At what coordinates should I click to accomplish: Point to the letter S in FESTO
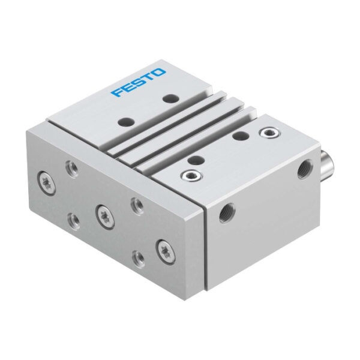point(139,82)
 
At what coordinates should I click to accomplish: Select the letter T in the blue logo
point(148,77)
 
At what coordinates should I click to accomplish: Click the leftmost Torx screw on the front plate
point(46,184)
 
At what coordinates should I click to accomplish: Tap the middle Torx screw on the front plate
point(104,217)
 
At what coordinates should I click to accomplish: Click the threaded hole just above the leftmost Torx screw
point(71,168)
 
